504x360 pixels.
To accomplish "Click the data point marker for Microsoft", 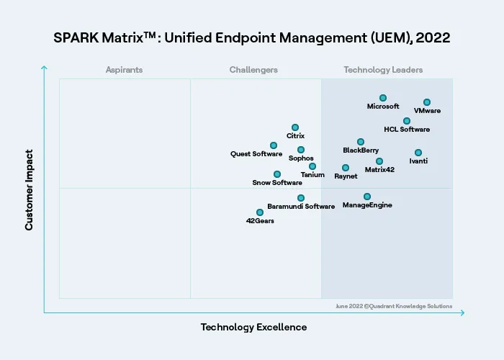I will pyautogui.click(x=383, y=98).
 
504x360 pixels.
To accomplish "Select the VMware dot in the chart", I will pyautogui.click(x=427, y=102).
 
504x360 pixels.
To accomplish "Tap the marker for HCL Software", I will pyautogui.click(x=407, y=121).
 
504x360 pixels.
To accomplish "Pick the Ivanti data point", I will pyautogui.click(x=418, y=153).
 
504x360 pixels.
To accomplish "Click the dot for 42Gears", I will pyautogui.click(x=260, y=212).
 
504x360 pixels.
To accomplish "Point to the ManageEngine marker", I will pyautogui.click(x=367, y=197).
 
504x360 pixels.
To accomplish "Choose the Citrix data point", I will pyautogui.click(x=295, y=127).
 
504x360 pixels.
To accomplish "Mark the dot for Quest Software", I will pyautogui.click(x=274, y=145).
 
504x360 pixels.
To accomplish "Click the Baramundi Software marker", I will pyautogui.click(x=301, y=198).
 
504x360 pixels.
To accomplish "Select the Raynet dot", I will pyautogui.click(x=346, y=168).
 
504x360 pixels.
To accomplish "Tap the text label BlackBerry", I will pyautogui.click(x=361, y=150).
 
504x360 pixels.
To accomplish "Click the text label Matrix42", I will pyautogui.click(x=379, y=170).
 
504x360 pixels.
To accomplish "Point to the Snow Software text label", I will pyautogui.click(x=277, y=183).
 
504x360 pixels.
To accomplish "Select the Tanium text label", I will pyautogui.click(x=312, y=175).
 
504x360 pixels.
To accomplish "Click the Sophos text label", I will pyautogui.click(x=301, y=158).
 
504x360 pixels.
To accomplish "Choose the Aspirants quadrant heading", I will pyautogui.click(x=124, y=70).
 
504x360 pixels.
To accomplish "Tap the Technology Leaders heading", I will pyautogui.click(x=383, y=70).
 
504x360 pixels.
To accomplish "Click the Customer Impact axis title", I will pyautogui.click(x=30, y=189).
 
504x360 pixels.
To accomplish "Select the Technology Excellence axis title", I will pyautogui.click(x=253, y=328).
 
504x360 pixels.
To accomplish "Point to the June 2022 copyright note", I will pyautogui.click(x=394, y=306).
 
